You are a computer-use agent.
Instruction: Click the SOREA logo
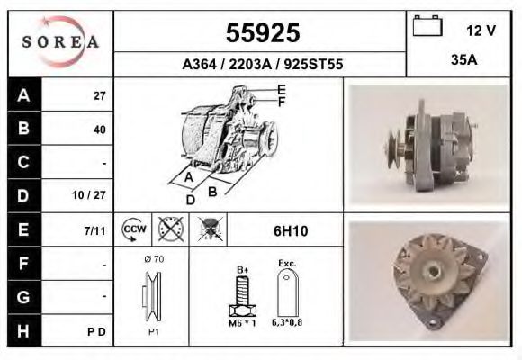coord(60,42)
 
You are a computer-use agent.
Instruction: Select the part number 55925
coord(262,33)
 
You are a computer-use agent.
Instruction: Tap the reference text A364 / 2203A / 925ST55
coord(261,65)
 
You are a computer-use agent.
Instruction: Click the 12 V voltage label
coord(481,30)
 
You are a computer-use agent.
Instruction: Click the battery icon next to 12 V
coord(427,28)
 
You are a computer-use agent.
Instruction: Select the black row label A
coord(24,95)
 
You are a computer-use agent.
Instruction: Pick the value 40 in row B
coord(99,129)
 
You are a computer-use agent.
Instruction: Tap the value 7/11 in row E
coord(95,230)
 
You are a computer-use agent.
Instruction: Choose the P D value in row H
coord(98,332)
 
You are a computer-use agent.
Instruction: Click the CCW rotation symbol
coord(135,229)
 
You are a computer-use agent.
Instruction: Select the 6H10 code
coord(290,231)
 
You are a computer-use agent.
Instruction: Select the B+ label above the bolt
coord(242,267)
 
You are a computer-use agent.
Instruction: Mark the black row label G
coord(24,296)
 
